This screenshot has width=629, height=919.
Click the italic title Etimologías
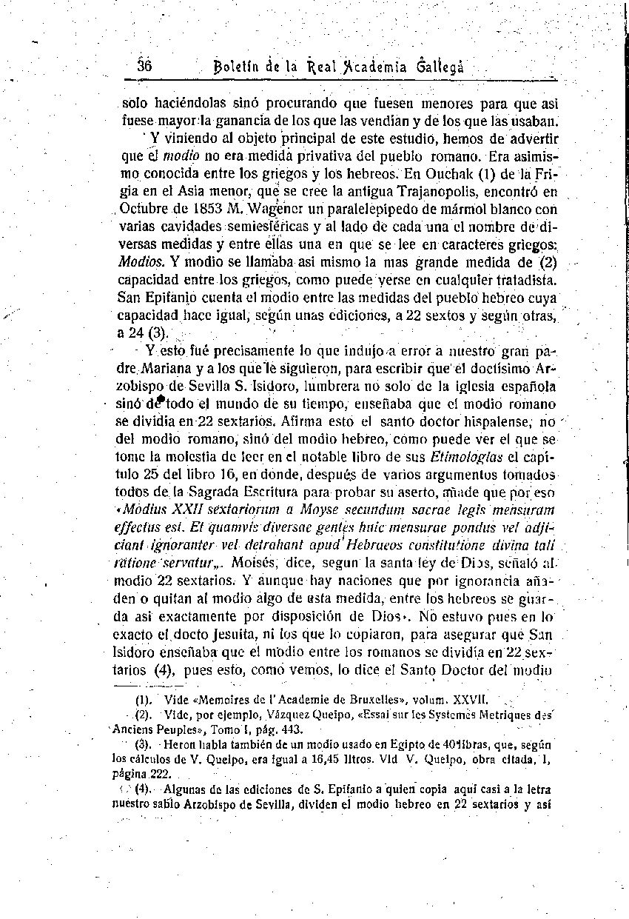coord(461,457)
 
